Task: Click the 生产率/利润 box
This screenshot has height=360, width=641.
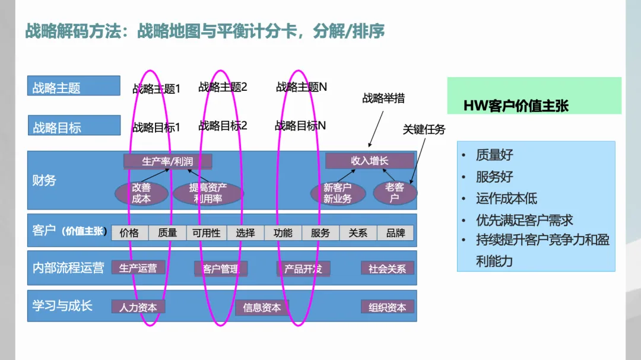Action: [167, 161]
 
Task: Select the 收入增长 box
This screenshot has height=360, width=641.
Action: [369, 161]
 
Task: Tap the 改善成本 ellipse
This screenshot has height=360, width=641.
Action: [141, 193]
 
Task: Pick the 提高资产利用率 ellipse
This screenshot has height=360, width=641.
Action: [208, 193]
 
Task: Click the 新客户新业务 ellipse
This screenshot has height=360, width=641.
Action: [337, 193]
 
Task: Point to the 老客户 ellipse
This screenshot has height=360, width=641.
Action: [395, 193]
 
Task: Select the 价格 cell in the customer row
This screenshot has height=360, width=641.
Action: [129, 233]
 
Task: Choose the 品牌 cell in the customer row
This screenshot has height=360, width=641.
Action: [396, 233]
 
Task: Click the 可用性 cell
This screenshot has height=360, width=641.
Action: [206, 233]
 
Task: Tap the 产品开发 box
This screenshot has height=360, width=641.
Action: [303, 269]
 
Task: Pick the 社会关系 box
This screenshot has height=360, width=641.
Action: [387, 269]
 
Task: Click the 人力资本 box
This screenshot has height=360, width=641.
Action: [138, 307]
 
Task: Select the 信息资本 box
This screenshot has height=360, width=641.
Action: [262, 307]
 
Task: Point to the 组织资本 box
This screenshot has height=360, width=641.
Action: [387, 307]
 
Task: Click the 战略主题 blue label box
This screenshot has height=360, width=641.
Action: [74, 88]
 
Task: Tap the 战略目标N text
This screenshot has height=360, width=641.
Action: [300, 126]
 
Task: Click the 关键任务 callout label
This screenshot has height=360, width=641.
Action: [424, 129]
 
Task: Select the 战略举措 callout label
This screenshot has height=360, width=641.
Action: [383, 98]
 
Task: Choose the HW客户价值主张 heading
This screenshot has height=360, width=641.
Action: [516, 106]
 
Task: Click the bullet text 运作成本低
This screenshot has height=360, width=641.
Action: [506, 199]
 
